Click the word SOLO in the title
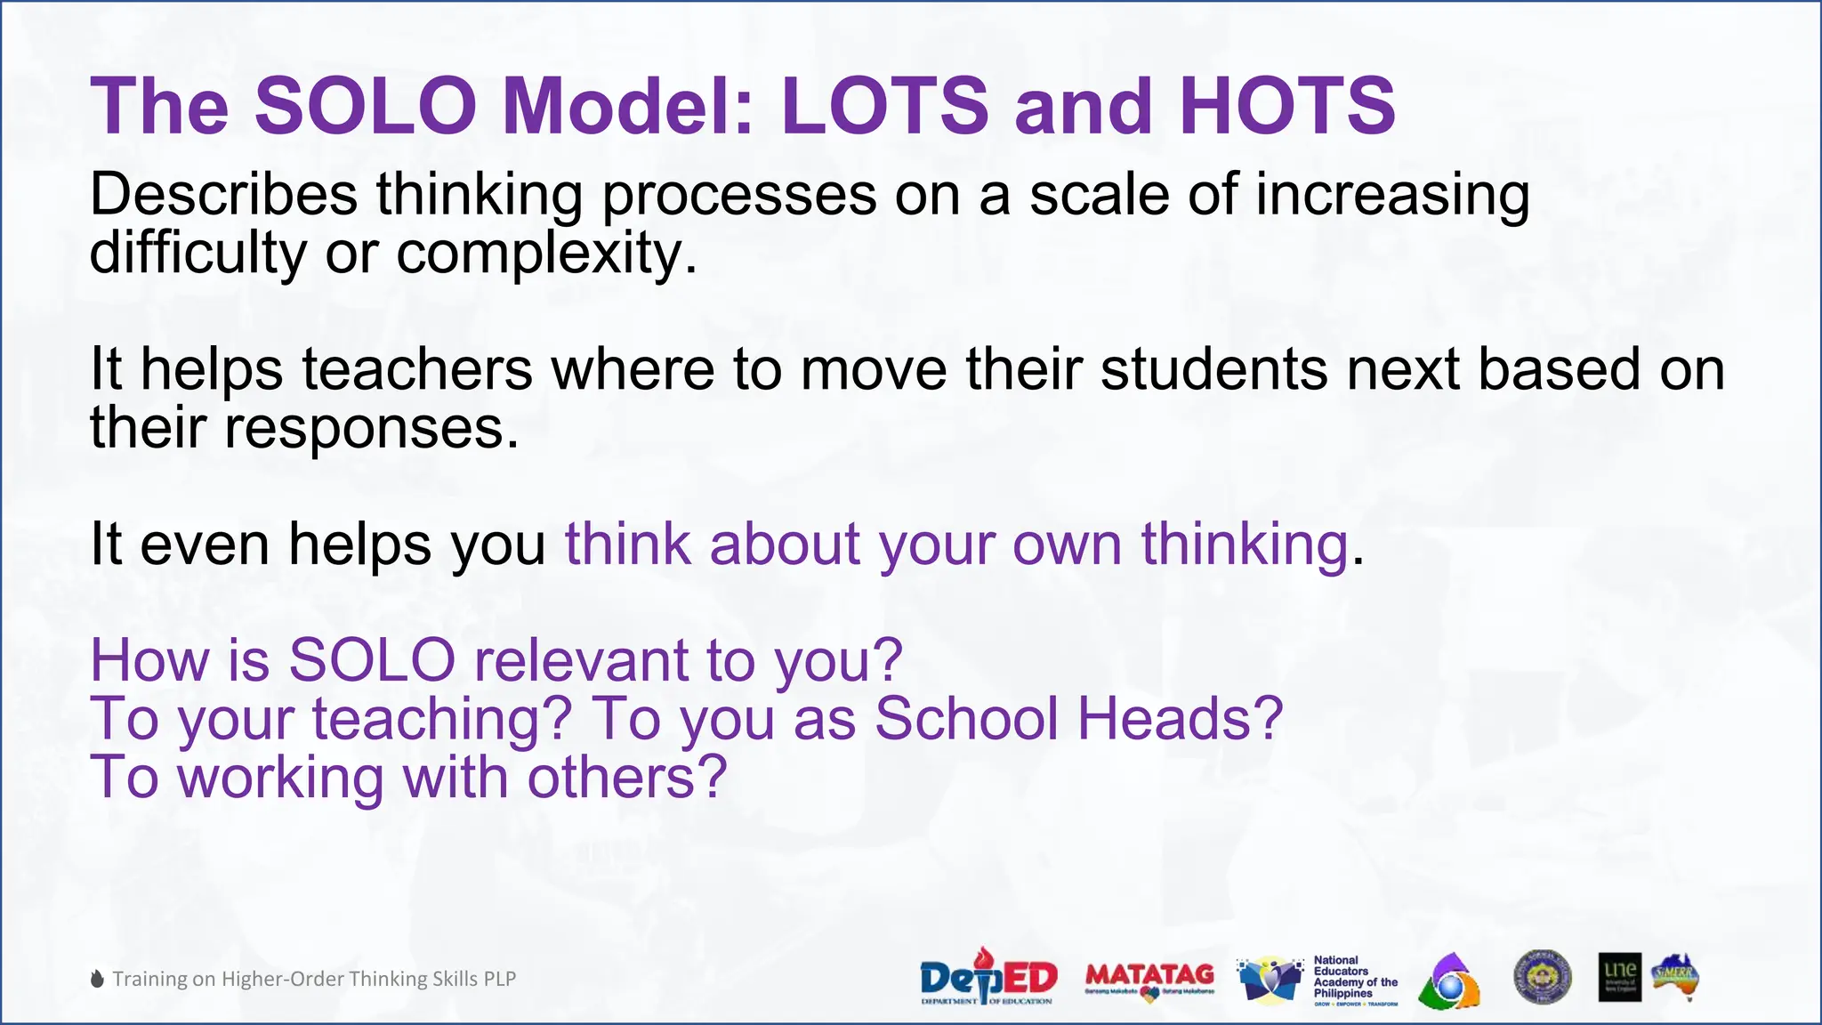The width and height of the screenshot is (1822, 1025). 366,106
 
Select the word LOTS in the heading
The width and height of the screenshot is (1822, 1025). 884,106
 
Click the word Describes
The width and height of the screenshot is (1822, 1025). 223,194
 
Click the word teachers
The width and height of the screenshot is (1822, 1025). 417,368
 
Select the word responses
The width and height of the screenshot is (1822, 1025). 371,428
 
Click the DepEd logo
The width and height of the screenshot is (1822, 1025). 988,978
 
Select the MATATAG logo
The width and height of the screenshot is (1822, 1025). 1149,980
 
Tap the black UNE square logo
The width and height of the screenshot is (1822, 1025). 1619,977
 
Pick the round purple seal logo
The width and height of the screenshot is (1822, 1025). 1542,978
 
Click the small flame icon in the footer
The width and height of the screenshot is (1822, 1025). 97,980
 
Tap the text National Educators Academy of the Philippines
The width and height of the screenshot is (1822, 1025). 1355,978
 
